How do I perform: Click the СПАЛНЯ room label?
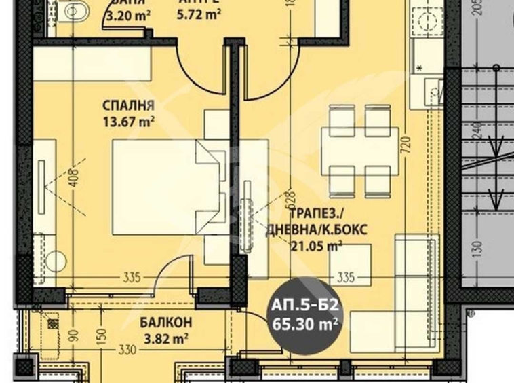coord(129,106)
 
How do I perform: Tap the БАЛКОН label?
coord(166,322)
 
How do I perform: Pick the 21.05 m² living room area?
coord(315,246)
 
